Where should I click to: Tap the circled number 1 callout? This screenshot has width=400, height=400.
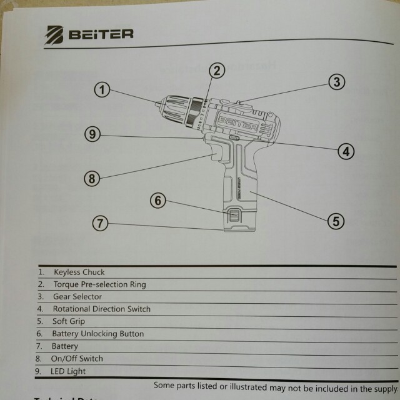[103, 89]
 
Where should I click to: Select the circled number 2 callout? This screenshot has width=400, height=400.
[216, 70]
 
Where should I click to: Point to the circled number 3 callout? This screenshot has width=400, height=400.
[336, 82]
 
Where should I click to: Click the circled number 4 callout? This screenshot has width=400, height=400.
[345, 151]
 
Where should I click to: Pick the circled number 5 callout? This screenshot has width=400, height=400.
[336, 220]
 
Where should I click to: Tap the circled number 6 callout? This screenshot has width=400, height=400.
[159, 201]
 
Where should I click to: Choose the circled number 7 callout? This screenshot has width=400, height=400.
[100, 222]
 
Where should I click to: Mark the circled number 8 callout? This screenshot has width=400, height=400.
[92, 179]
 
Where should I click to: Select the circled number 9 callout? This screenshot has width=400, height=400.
[92, 134]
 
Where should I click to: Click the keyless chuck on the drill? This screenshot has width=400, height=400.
[178, 109]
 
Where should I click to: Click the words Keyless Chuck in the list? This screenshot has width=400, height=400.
[78, 272]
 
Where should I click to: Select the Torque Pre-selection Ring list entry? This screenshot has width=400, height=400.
[99, 285]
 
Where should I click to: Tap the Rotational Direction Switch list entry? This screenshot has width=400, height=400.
[101, 309]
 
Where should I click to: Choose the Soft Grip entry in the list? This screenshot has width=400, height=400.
[69, 322]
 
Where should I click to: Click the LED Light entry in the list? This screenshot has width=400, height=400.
[69, 371]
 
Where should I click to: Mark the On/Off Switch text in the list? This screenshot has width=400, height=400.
[77, 359]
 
